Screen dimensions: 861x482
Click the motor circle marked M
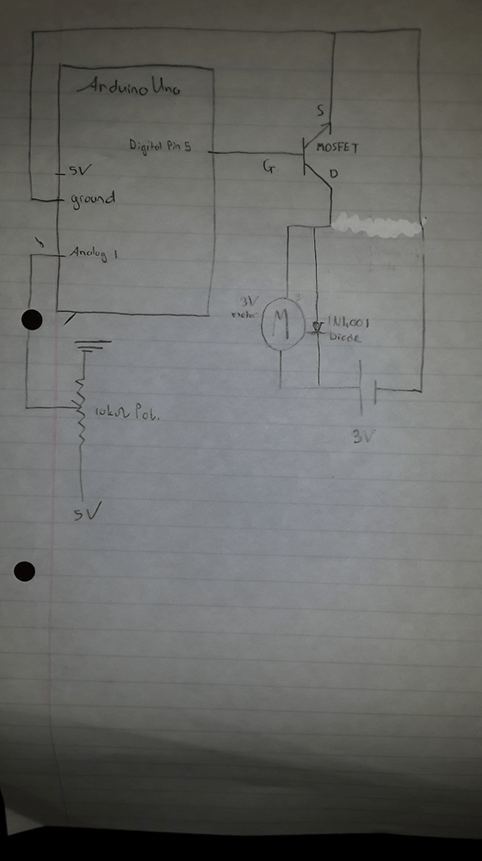coord(280,324)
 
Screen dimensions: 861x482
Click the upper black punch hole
coord(32,320)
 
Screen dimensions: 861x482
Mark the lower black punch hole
coord(25,570)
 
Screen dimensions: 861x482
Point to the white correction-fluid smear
coord(379,226)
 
